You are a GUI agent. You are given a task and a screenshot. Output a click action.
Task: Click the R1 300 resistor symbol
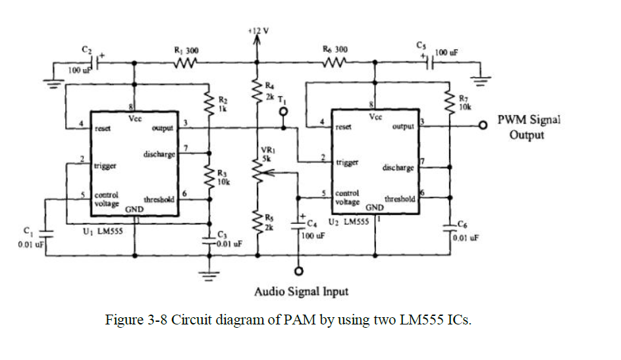tap(185, 63)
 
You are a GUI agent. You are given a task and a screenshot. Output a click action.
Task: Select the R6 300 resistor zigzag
tap(335, 62)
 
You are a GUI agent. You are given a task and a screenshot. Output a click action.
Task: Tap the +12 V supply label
tap(258, 31)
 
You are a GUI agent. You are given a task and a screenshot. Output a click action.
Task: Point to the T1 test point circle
tap(283, 112)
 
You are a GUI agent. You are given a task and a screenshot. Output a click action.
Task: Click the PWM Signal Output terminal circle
tap(483, 126)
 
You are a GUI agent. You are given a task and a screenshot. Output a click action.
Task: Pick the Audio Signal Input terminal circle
tap(299, 271)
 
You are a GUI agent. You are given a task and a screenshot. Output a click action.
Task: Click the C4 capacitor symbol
tap(298, 226)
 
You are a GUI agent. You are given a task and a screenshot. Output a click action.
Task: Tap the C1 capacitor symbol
tap(45, 234)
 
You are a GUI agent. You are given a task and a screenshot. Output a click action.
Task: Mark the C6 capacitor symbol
tap(450, 228)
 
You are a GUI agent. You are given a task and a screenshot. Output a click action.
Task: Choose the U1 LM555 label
tap(103, 231)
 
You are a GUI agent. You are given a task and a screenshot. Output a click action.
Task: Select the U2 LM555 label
tap(348, 222)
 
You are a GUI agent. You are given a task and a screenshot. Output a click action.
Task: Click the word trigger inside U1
tap(105, 166)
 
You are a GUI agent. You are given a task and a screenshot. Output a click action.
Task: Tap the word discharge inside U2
tap(398, 167)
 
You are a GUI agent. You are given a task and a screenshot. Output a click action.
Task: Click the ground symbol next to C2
tap(53, 83)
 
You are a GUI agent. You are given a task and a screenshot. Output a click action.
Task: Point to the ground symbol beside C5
tap(481, 81)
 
